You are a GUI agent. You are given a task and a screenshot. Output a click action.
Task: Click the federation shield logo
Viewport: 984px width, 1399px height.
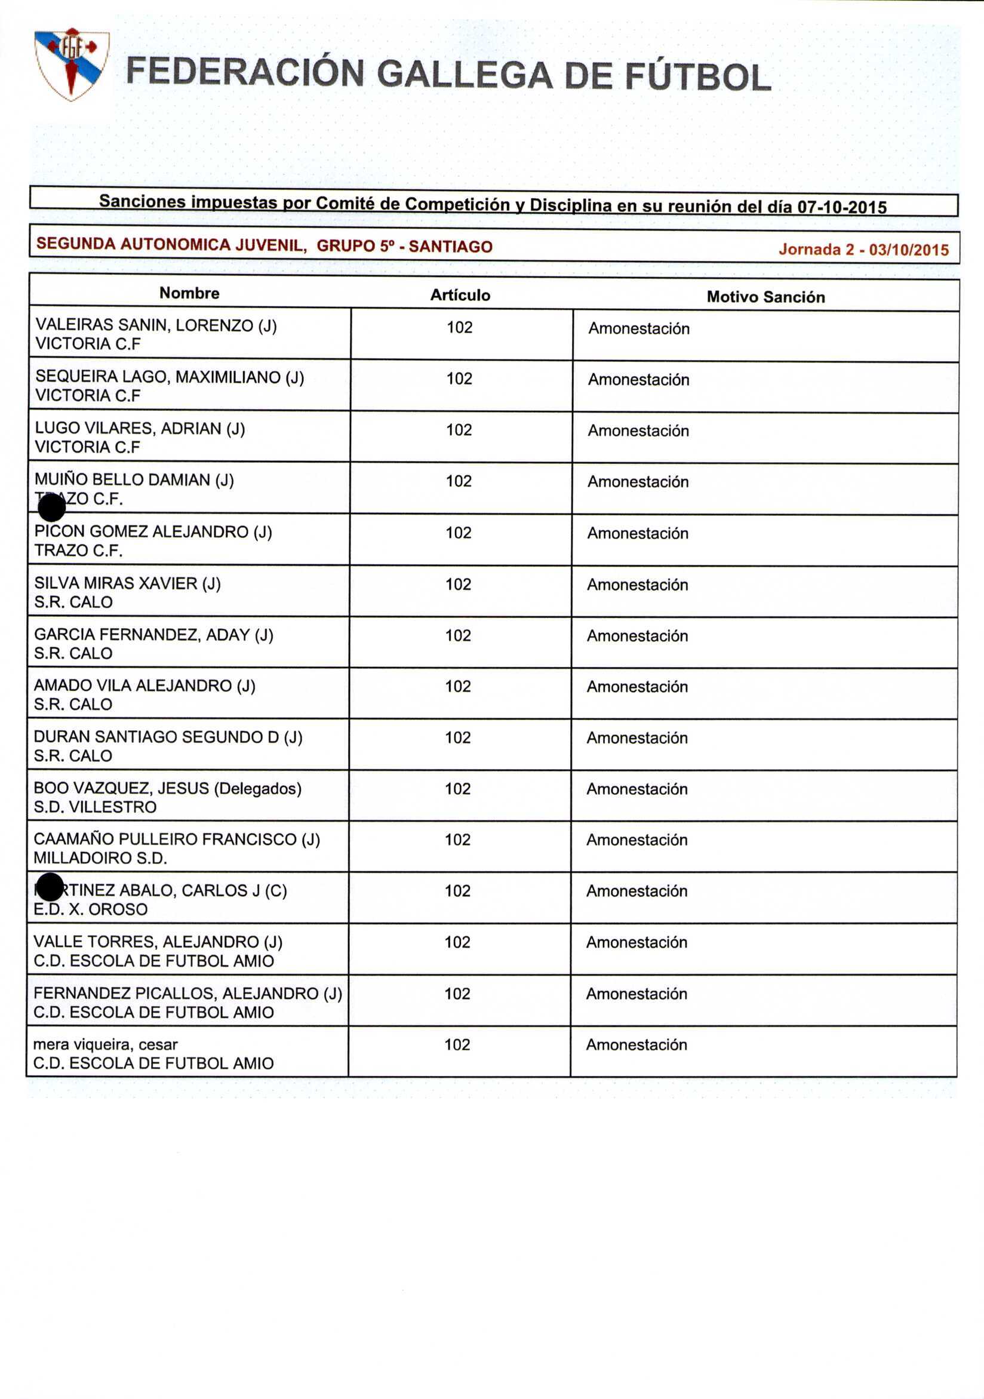coord(72,63)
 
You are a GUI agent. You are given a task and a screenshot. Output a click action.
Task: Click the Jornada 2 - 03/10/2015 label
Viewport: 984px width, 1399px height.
coord(863,249)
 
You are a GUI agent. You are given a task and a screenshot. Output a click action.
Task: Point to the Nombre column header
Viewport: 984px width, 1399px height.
coord(189,293)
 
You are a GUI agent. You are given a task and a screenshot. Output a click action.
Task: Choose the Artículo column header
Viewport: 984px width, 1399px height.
coord(460,295)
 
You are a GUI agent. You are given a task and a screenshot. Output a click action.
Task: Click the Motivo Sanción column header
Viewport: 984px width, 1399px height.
coord(765,297)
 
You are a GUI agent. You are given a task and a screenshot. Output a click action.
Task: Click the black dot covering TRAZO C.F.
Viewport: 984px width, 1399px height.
coord(52,508)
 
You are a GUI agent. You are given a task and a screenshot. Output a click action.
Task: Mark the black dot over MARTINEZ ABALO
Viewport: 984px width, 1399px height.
coord(50,887)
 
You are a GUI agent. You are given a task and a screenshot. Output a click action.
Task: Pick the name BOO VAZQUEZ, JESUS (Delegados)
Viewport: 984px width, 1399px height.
coord(168,788)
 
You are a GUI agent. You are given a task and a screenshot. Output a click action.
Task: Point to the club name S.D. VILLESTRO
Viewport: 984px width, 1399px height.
coord(95,807)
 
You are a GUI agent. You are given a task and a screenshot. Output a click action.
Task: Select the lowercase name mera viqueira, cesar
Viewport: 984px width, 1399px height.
coord(106,1044)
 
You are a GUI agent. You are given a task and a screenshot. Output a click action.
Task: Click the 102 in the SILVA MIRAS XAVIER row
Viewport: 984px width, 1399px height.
coord(458,585)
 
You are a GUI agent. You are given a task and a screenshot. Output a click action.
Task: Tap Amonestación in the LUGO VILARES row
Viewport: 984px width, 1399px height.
coord(638,431)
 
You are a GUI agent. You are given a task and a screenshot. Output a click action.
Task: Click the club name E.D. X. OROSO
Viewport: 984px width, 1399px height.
coord(90,909)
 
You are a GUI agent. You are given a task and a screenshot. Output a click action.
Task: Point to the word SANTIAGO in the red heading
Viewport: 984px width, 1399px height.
coord(450,246)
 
